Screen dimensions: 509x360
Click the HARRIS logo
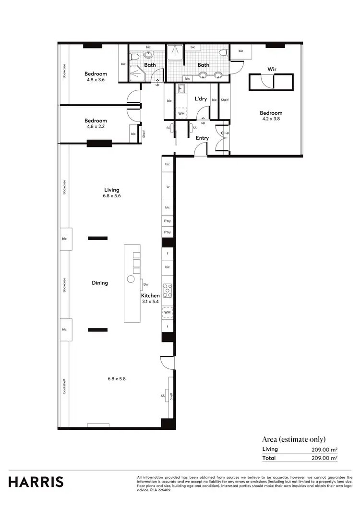tap(36, 482)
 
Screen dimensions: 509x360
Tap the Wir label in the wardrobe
tap(272, 69)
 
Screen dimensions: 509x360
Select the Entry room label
tap(202, 138)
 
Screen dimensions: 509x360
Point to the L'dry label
tap(200, 98)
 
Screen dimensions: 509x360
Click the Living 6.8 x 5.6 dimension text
tap(112, 196)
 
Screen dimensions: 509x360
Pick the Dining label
tap(100, 283)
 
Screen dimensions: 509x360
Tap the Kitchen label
tap(150, 295)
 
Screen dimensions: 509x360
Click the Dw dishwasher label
tap(146, 284)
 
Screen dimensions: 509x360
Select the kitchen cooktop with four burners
tap(168, 291)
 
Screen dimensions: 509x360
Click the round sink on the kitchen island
tap(131, 279)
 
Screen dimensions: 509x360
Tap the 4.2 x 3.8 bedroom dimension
tap(272, 119)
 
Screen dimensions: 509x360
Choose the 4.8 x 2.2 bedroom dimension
tap(96, 127)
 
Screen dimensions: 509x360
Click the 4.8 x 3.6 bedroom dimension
tap(96, 80)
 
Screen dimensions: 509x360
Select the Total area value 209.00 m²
tap(324, 458)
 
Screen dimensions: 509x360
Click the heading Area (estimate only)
tap(294, 439)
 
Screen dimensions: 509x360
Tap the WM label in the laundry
tap(181, 114)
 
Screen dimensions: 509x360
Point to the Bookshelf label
tap(64, 387)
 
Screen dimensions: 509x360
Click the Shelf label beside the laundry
tap(224, 100)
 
